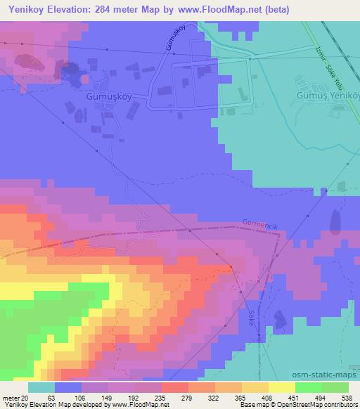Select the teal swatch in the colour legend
(x=41, y=387)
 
